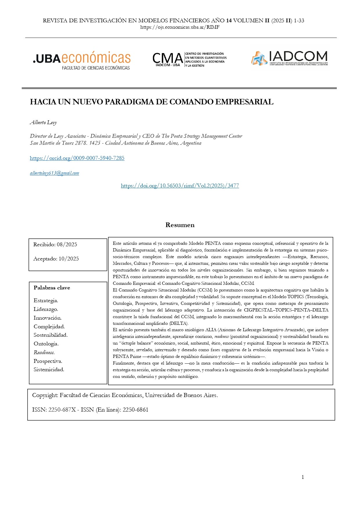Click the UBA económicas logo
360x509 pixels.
coord(82,60)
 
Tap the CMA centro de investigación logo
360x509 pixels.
coord(190,59)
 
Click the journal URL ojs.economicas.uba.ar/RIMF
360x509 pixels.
coord(180,27)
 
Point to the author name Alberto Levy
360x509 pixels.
coord(43,122)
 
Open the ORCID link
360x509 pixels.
coord(77,158)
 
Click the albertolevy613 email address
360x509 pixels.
coord(54,173)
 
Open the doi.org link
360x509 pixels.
coord(180,186)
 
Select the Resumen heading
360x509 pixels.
coord(180,225)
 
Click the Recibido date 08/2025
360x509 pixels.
coord(67,244)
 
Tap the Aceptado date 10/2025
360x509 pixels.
coord(68,259)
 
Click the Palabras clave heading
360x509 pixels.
coord(52,288)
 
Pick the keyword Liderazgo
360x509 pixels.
coord(46,309)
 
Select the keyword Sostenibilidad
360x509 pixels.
coord(50,335)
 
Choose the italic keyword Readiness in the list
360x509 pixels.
coord(44,352)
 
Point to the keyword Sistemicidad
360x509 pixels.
coord(49,369)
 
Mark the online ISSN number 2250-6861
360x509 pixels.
coord(135,410)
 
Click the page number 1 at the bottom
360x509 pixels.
coord(303,477)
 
